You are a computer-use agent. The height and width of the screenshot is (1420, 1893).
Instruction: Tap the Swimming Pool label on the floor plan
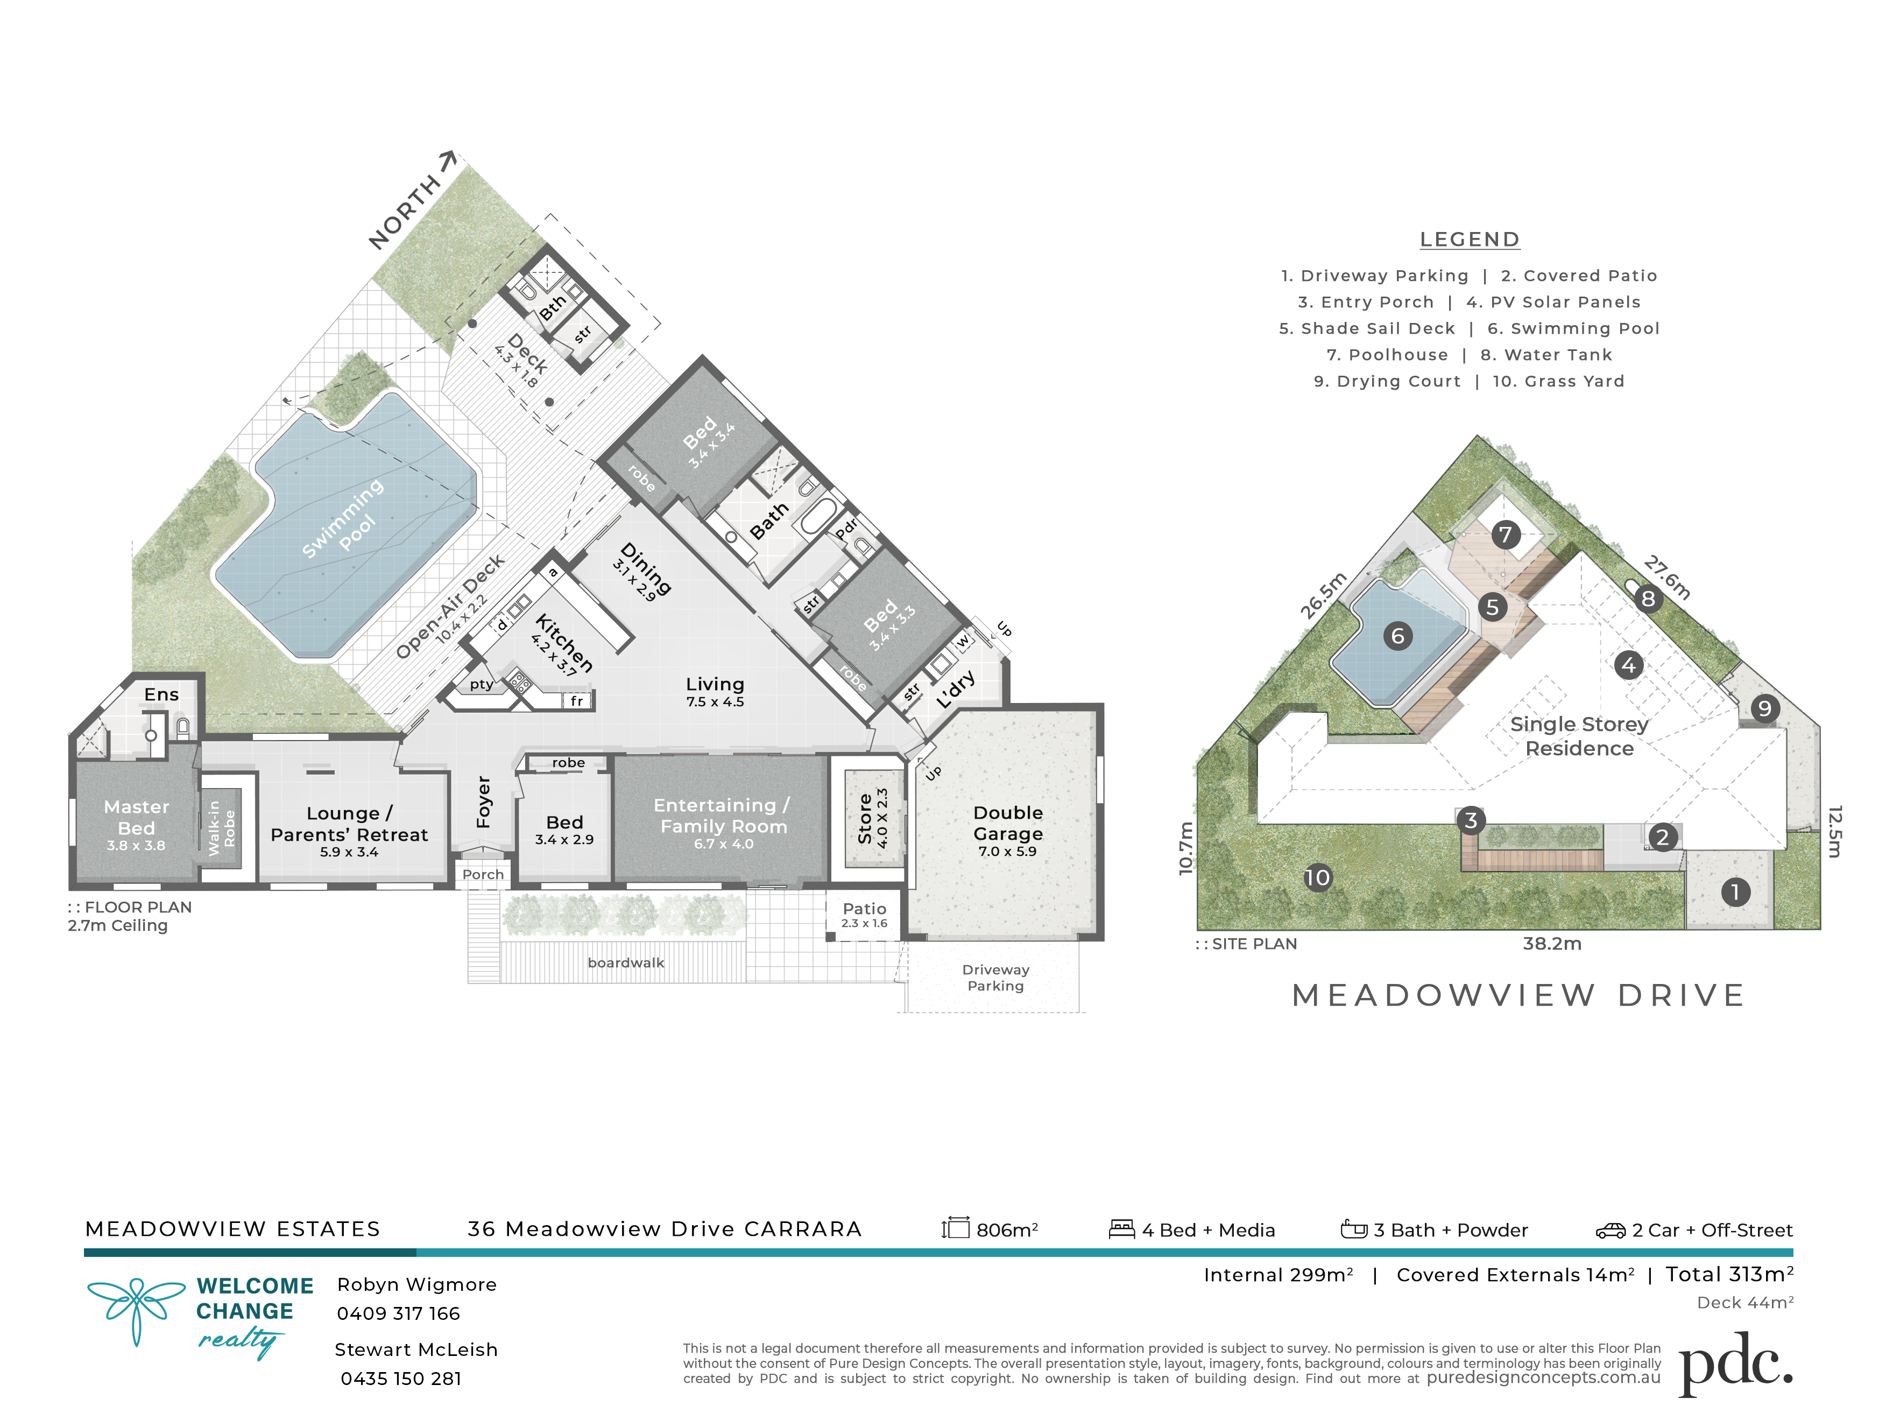pos(344,519)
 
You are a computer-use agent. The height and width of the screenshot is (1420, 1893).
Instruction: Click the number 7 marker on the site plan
pos(1506,535)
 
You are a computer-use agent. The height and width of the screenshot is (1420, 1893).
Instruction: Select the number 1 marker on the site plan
pos(1735,892)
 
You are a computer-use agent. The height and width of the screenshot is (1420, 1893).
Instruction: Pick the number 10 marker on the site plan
pos(1318,877)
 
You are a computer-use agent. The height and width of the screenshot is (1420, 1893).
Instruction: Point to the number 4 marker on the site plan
pos(1629,665)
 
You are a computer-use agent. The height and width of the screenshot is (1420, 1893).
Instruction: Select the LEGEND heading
pos(1470,240)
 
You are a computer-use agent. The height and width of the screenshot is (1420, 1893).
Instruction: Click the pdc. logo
pos(1735,1362)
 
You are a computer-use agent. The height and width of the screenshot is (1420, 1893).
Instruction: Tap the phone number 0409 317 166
pos(398,1313)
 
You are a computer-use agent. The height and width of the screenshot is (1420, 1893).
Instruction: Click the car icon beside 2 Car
pos(1610,1231)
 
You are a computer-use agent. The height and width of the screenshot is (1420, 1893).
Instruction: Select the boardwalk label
pos(626,963)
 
